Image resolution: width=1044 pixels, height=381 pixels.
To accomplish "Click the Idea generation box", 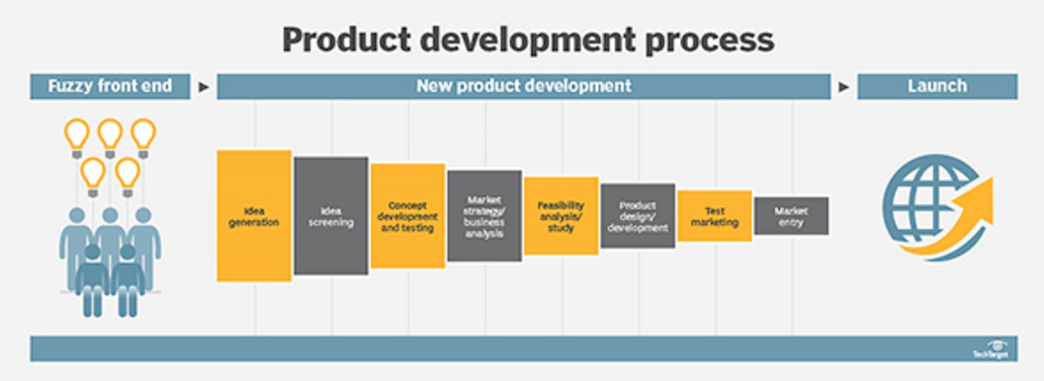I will click(x=254, y=215).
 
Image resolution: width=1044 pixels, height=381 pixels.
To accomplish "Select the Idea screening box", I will click(x=331, y=215).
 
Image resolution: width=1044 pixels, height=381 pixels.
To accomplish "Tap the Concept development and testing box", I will click(x=407, y=215).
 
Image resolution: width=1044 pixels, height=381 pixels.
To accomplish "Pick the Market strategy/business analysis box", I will click(x=484, y=215).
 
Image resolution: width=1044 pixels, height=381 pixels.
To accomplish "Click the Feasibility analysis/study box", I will click(x=561, y=215).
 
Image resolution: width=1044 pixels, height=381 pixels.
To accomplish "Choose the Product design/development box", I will click(x=638, y=215).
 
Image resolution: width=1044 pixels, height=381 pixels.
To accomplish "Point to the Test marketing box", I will click(x=714, y=215).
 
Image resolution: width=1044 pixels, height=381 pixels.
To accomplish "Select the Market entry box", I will click(x=791, y=215).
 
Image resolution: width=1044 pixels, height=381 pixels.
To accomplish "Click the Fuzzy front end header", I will click(x=109, y=86).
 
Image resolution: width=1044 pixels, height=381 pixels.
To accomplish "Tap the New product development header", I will click(x=523, y=86).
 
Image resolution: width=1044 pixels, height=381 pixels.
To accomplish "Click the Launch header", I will click(x=936, y=86).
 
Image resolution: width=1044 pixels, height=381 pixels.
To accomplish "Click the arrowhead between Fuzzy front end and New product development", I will click(x=204, y=87).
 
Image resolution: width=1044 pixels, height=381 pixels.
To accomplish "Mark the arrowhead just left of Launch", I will click(x=843, y=87).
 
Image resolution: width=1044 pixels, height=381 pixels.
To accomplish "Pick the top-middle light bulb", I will click(x=110, y=135).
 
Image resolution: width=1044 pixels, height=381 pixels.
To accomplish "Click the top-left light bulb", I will click(x=77, y=135).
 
